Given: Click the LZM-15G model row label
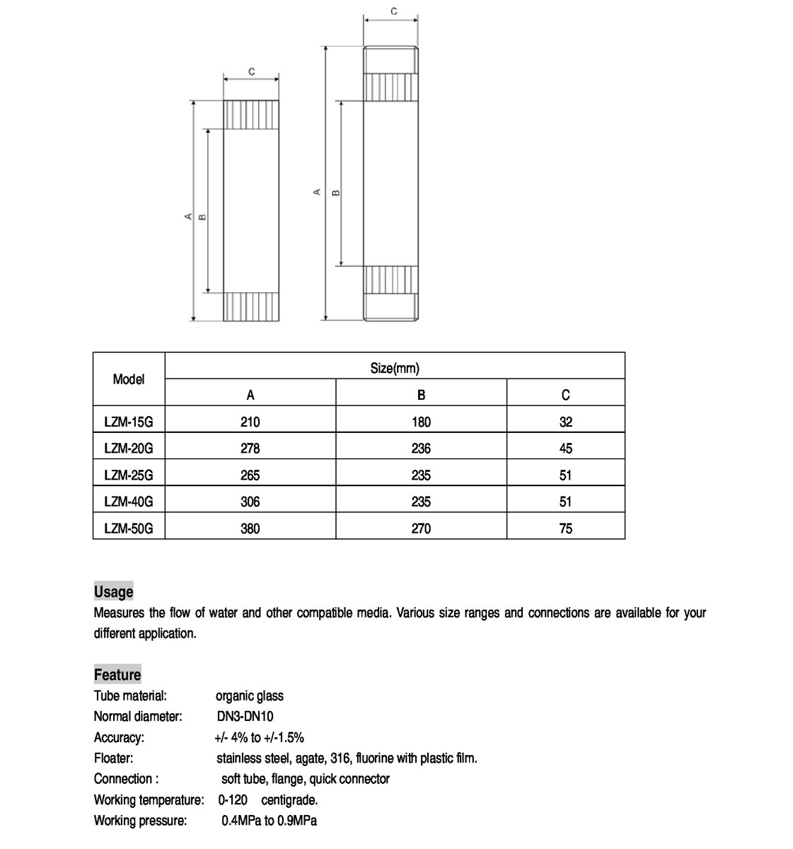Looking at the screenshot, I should click(x=128, y=422).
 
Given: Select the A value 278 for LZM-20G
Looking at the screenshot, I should click(x=250, y=449).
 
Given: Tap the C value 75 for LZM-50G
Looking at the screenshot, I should click(x=565, y=529).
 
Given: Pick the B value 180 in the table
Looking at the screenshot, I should click(x=421, y=422).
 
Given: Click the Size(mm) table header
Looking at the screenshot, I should click(x=395, y=368).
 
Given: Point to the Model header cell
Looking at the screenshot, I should click(x=129, y=379).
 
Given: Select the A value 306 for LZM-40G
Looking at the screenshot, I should click(x=250, y=502).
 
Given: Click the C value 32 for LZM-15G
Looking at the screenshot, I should click(x=565, y=422).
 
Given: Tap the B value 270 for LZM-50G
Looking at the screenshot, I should click(x=421, y=529).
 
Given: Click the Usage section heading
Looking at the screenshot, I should click(x=114, y=591).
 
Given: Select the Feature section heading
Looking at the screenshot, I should click(x=117, y=674).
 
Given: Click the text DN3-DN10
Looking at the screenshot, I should click(x=245, y=716).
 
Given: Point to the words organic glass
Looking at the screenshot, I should click(x=250, y=695).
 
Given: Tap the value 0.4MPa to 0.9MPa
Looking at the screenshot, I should click(x=269, y=821).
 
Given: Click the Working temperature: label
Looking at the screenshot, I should click(x=149, y=800).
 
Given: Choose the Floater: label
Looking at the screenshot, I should click(x=113, y=758).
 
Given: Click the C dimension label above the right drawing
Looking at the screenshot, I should click(x=394, y=11).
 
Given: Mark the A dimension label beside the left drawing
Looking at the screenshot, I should click(x=188, y=216).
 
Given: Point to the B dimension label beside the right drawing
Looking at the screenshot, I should click(x=336, y=192).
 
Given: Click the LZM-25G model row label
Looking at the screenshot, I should click(x=128, y=475).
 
